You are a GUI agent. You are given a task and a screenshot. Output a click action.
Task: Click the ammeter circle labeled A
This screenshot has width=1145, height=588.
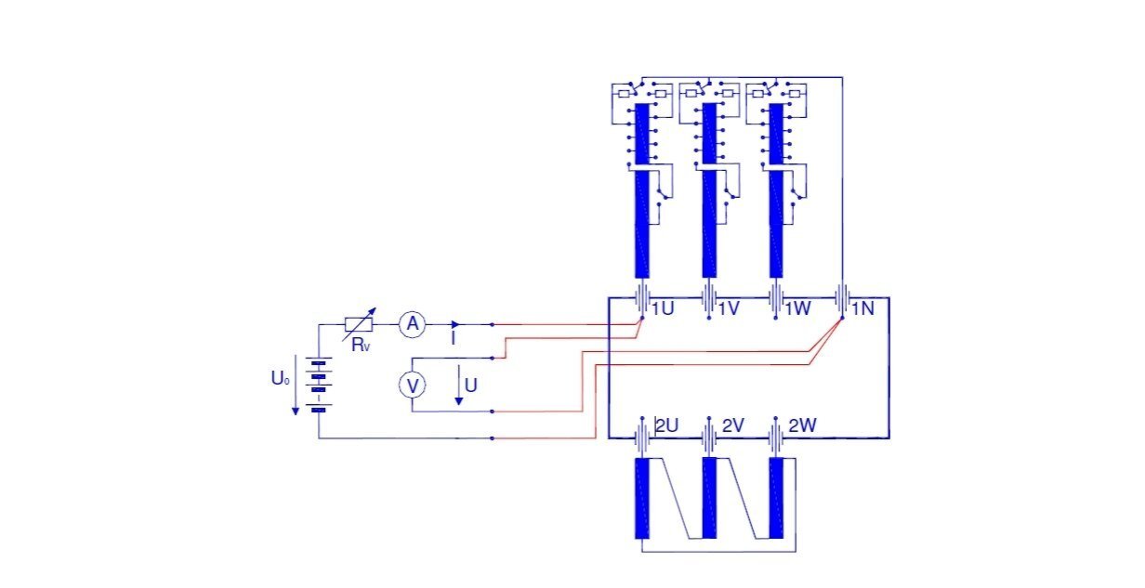(412, 324)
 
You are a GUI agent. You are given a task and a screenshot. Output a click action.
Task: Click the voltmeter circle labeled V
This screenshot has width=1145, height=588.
(412, 385)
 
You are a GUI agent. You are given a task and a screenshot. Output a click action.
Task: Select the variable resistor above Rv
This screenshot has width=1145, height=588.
(359, 324)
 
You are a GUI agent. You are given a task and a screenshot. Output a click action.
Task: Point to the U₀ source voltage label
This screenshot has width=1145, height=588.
(281, 379)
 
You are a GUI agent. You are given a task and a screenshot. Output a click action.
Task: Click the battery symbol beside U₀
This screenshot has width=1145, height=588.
(319, 385)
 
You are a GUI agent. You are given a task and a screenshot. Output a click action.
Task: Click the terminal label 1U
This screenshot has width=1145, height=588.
(663, 308)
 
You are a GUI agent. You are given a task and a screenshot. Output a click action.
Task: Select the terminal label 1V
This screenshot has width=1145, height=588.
(729, 308)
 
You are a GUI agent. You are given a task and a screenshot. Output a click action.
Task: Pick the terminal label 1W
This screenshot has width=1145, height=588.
(796, 308)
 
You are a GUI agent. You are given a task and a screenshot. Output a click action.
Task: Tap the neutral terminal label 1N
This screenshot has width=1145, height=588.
(862, 308)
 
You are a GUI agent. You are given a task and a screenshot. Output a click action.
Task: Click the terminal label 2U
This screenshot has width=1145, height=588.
(667, 425)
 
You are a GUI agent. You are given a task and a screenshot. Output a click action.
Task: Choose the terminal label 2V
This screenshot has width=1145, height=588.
(733, 425)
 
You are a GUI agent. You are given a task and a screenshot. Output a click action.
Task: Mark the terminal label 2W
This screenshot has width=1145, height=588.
(802, 425)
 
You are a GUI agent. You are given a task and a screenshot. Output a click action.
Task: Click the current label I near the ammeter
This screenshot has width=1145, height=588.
(453, 340)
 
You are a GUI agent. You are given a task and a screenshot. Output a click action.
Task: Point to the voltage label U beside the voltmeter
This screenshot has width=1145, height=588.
(471, 384)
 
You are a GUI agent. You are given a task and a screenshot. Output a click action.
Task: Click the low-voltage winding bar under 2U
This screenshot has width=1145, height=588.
(641, 498)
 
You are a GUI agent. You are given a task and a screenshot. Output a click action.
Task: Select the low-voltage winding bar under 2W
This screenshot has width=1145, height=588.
(775, 498)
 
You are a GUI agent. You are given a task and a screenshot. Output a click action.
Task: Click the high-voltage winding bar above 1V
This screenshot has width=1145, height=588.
(708, 223)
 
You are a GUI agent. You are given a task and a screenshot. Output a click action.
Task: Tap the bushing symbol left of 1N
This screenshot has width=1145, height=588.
(841, 299)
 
